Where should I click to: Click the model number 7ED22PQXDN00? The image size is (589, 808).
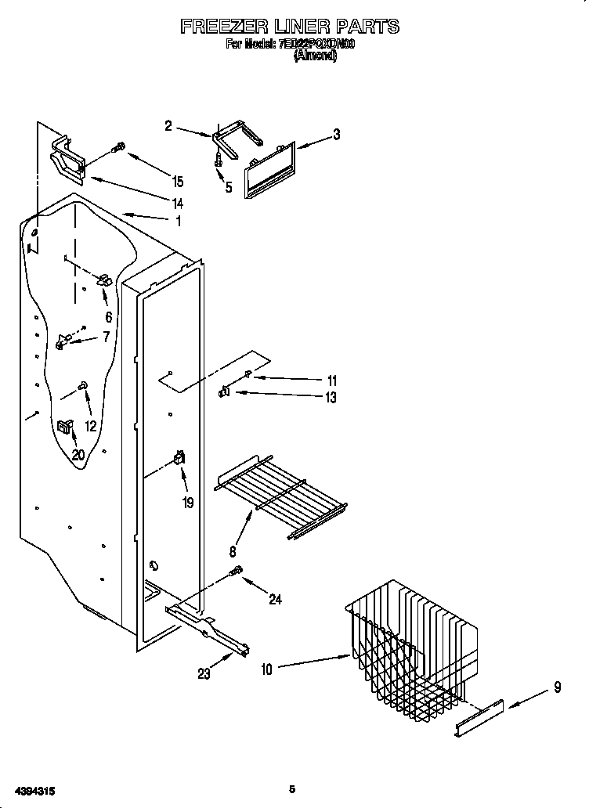tap(316, 45)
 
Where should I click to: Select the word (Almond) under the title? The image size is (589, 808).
tap(315, 56)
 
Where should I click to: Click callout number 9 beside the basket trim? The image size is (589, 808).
tap(557, 688)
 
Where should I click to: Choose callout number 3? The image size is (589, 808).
tap(335, 135)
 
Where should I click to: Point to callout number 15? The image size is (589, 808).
tap(178, 182)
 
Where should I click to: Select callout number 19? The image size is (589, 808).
tap(188, 503)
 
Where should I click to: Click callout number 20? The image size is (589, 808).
tap(78, 454)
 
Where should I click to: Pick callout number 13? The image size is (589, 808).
tap(331, 398)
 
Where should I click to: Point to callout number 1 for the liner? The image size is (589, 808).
tap(178, 222)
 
